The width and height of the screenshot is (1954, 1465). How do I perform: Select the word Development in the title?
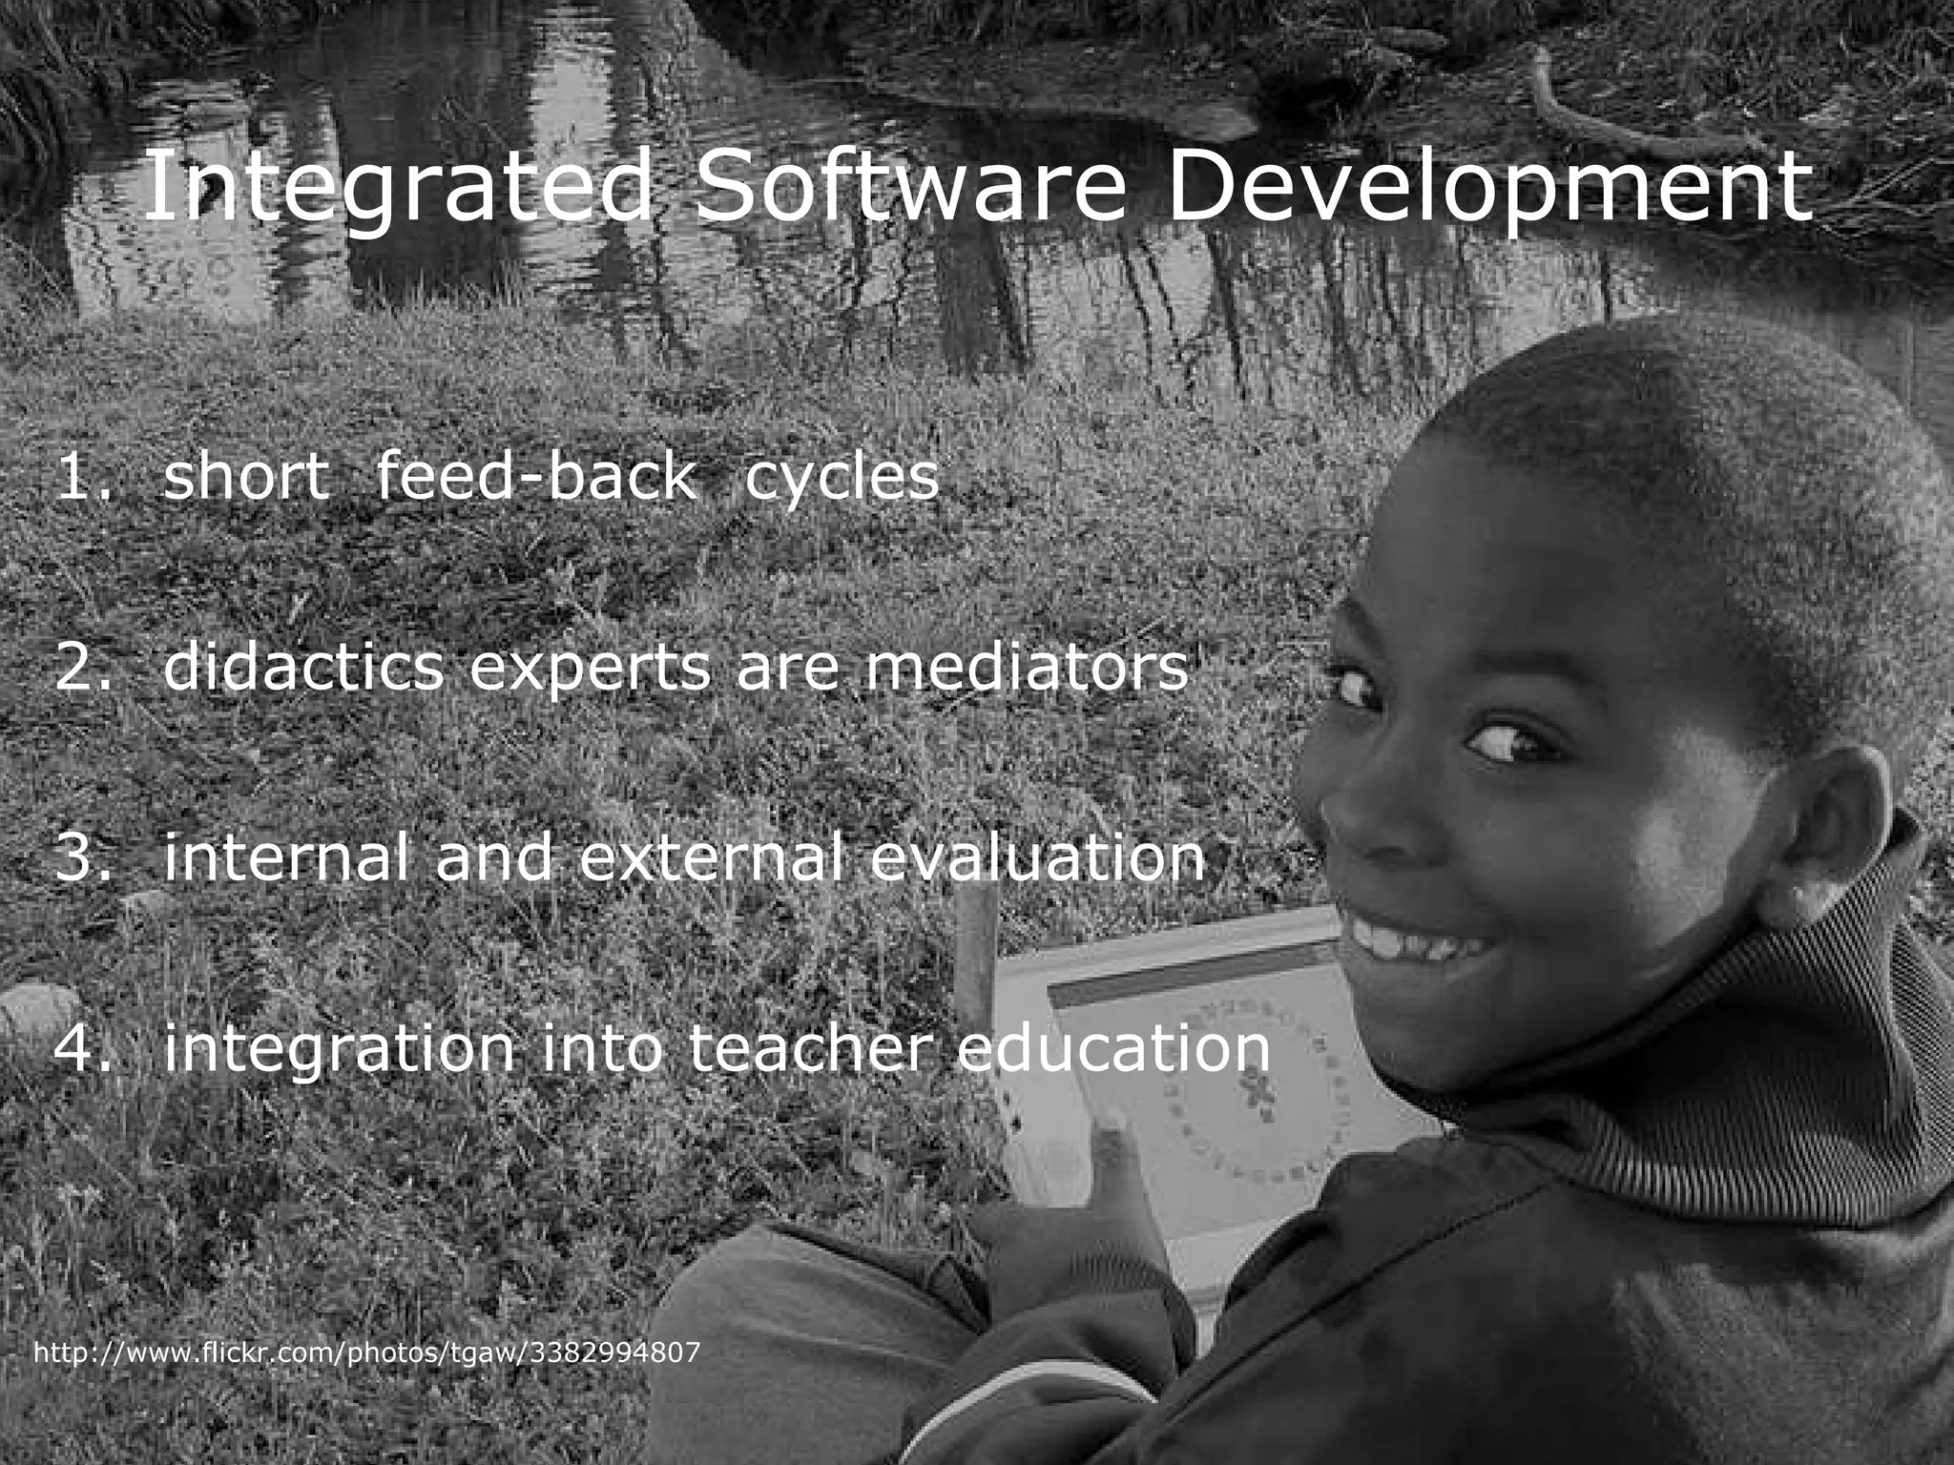tap(1487, 188)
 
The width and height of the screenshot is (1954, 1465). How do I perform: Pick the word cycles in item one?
tap(842, 479)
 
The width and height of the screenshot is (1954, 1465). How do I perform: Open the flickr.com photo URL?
tap(367, 1352)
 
